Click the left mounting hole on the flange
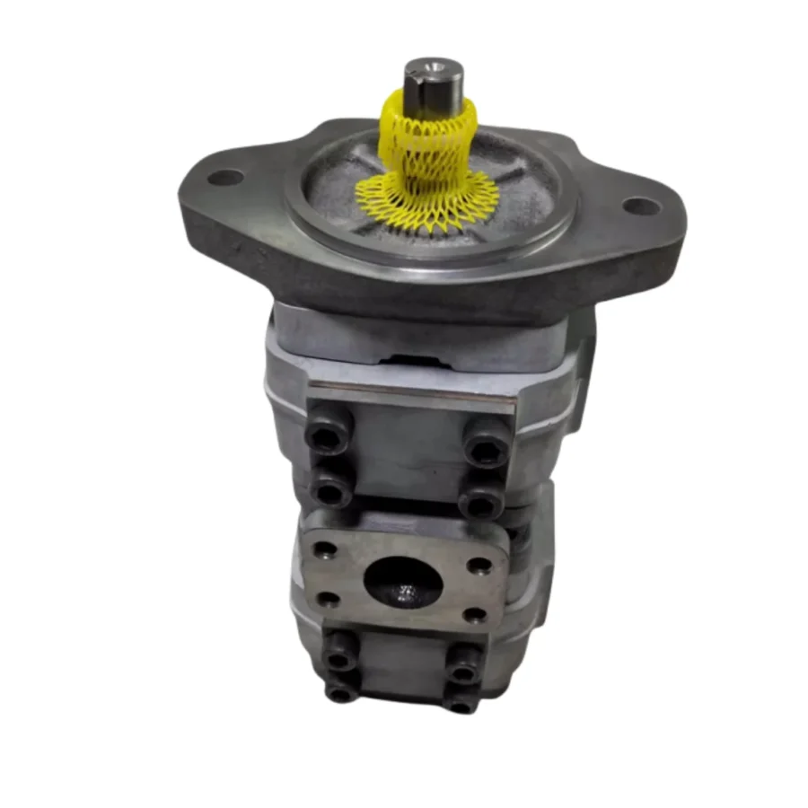click(224, 177)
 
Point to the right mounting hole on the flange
click(641, 206)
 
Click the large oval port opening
click(403, 583)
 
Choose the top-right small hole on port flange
click(482, 566)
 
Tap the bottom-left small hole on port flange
click(329, 599)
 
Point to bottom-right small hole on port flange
click(474, 616)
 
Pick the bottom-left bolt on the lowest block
click(338, 690)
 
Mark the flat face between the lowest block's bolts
click(400, 669)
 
